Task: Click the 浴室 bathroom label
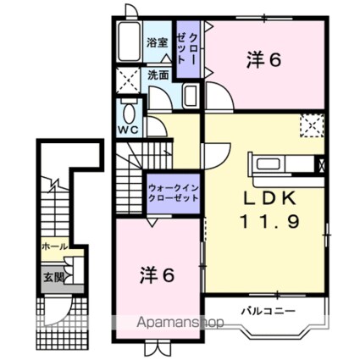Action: click(156, 42)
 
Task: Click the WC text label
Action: click(128, 130)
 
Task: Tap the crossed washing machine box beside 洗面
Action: click(129, 80)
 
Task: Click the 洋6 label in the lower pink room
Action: click(157, 275)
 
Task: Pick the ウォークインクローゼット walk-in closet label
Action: click(174, 191)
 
